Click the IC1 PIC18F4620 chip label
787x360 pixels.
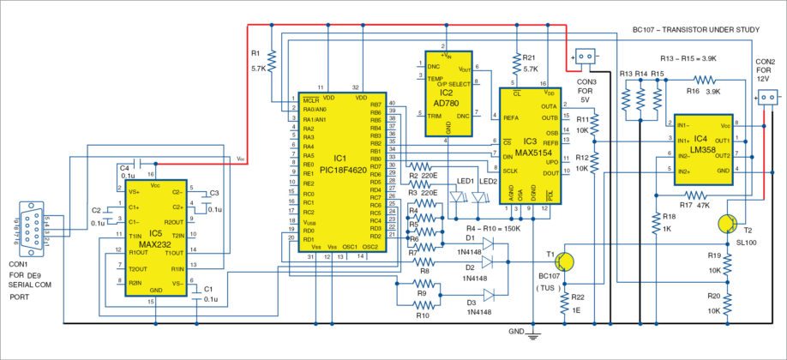coord(339,164)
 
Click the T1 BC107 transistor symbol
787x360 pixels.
coord(566,262)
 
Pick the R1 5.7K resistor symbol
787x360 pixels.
coord(271,61)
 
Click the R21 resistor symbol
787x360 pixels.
coord(515,63)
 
